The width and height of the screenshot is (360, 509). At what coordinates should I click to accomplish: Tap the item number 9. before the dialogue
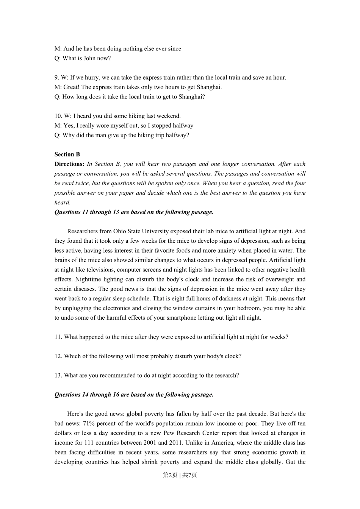57,78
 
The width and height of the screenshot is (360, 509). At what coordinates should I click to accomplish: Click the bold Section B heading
67,155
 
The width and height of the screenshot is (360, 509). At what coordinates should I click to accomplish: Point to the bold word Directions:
69,164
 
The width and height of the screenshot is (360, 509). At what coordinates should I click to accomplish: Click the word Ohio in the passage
120,231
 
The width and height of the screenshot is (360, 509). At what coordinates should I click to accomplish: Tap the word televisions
100,270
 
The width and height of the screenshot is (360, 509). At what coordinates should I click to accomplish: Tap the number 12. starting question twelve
58,356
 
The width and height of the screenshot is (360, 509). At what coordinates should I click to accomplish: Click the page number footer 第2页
170,475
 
